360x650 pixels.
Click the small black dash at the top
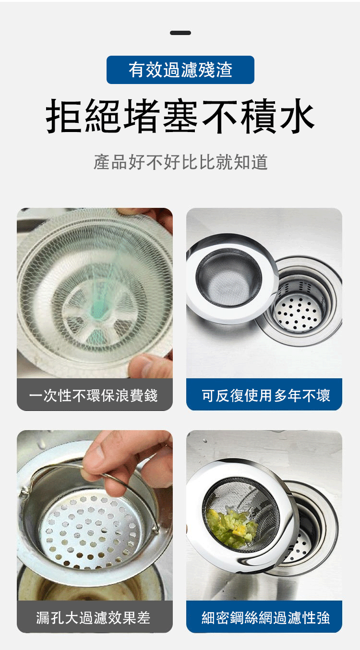[180, 33]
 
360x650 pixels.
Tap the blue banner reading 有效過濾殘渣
[180, 70]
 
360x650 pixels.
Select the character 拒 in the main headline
[64, 116]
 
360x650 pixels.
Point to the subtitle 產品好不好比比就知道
[180, 162]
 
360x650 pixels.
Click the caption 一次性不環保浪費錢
[93, 395]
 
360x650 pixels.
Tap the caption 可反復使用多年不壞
[266, 395]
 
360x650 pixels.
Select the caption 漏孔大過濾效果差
[93, 617]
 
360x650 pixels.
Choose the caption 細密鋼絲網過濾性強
[266, 617]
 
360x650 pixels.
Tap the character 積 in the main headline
[258, 116]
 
